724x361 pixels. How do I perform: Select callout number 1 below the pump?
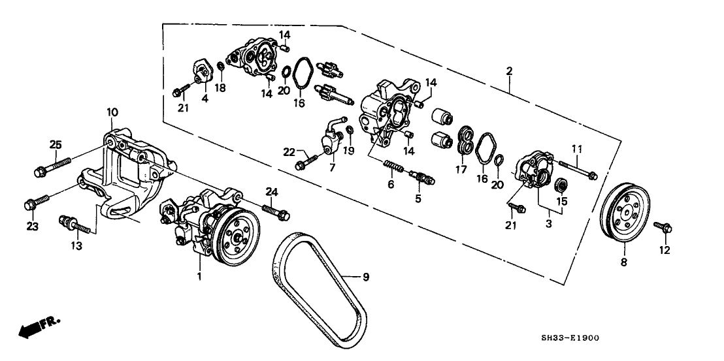200,277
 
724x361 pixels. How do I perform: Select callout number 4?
205,99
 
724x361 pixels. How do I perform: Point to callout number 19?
350,150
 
